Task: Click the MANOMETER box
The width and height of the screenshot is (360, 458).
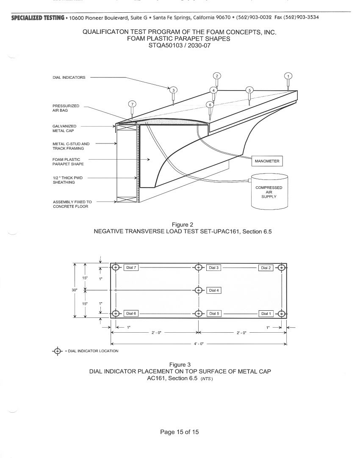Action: tap(267, 161)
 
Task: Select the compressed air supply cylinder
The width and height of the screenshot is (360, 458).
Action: tap(269, 192)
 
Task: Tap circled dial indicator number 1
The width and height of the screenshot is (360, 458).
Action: tap(288, 77)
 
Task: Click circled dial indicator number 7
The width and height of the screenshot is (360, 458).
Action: tap(133, 104)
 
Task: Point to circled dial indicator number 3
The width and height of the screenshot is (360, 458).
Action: tap(173, 90)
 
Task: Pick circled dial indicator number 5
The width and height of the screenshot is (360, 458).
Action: tap(249, 90)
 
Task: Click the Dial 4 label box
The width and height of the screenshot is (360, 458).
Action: tap(214, 290)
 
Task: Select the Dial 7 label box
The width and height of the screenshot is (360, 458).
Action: tap(131, 268)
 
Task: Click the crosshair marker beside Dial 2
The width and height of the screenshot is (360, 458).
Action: tap(281, 268)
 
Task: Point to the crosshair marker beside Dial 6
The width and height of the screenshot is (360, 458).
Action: tap(116, 313)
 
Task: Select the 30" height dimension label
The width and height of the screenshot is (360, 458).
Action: tap(75, 290)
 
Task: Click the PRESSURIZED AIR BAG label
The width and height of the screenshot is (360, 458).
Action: tap(66, 108)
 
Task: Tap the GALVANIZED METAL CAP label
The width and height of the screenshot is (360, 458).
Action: tap(64, 129)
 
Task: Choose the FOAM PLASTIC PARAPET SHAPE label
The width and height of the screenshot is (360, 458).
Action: tap(68, 162)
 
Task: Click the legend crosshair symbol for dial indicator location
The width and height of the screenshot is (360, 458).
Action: tap(58, 351)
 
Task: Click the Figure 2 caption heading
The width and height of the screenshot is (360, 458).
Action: tap(183, 225)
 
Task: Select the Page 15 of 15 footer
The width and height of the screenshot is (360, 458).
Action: tap(180, 432)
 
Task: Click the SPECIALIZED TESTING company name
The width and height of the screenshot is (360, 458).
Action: tap(38, 18)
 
